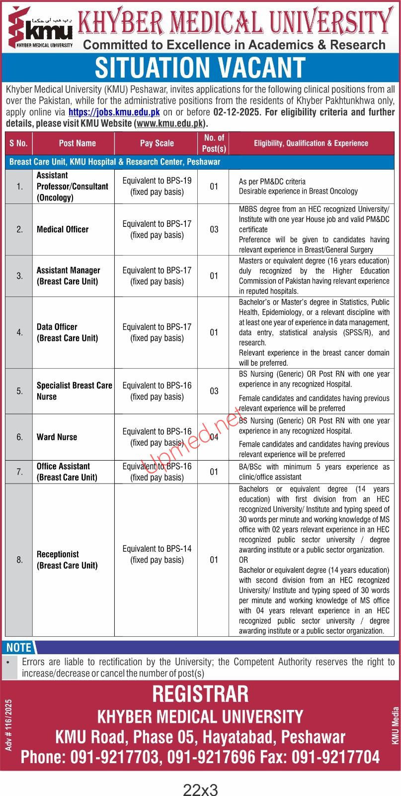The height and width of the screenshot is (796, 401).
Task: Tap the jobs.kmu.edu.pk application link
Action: pos(114,112)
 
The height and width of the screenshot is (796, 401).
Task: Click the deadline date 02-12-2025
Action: pos(237,112)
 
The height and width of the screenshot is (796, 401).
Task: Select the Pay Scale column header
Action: pos(157,143)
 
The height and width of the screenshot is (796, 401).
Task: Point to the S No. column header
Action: pos(18,143)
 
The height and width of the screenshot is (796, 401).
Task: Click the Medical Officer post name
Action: pos(63,229)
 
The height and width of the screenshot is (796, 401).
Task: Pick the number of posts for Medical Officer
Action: pos(214,229)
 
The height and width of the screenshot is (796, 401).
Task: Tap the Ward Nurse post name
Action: pos(57,437)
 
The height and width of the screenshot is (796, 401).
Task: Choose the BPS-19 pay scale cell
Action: pos(157,186)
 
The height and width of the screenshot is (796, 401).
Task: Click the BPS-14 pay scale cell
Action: pos(157,554)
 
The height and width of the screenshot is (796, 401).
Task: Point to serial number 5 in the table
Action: pos(19,391)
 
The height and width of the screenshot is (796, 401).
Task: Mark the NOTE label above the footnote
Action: pos(19,647)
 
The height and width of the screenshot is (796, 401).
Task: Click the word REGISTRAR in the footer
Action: pos(200,694)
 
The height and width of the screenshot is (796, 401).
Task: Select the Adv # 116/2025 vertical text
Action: pos(8,724)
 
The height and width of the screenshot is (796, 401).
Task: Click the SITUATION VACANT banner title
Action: pos(200,68)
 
